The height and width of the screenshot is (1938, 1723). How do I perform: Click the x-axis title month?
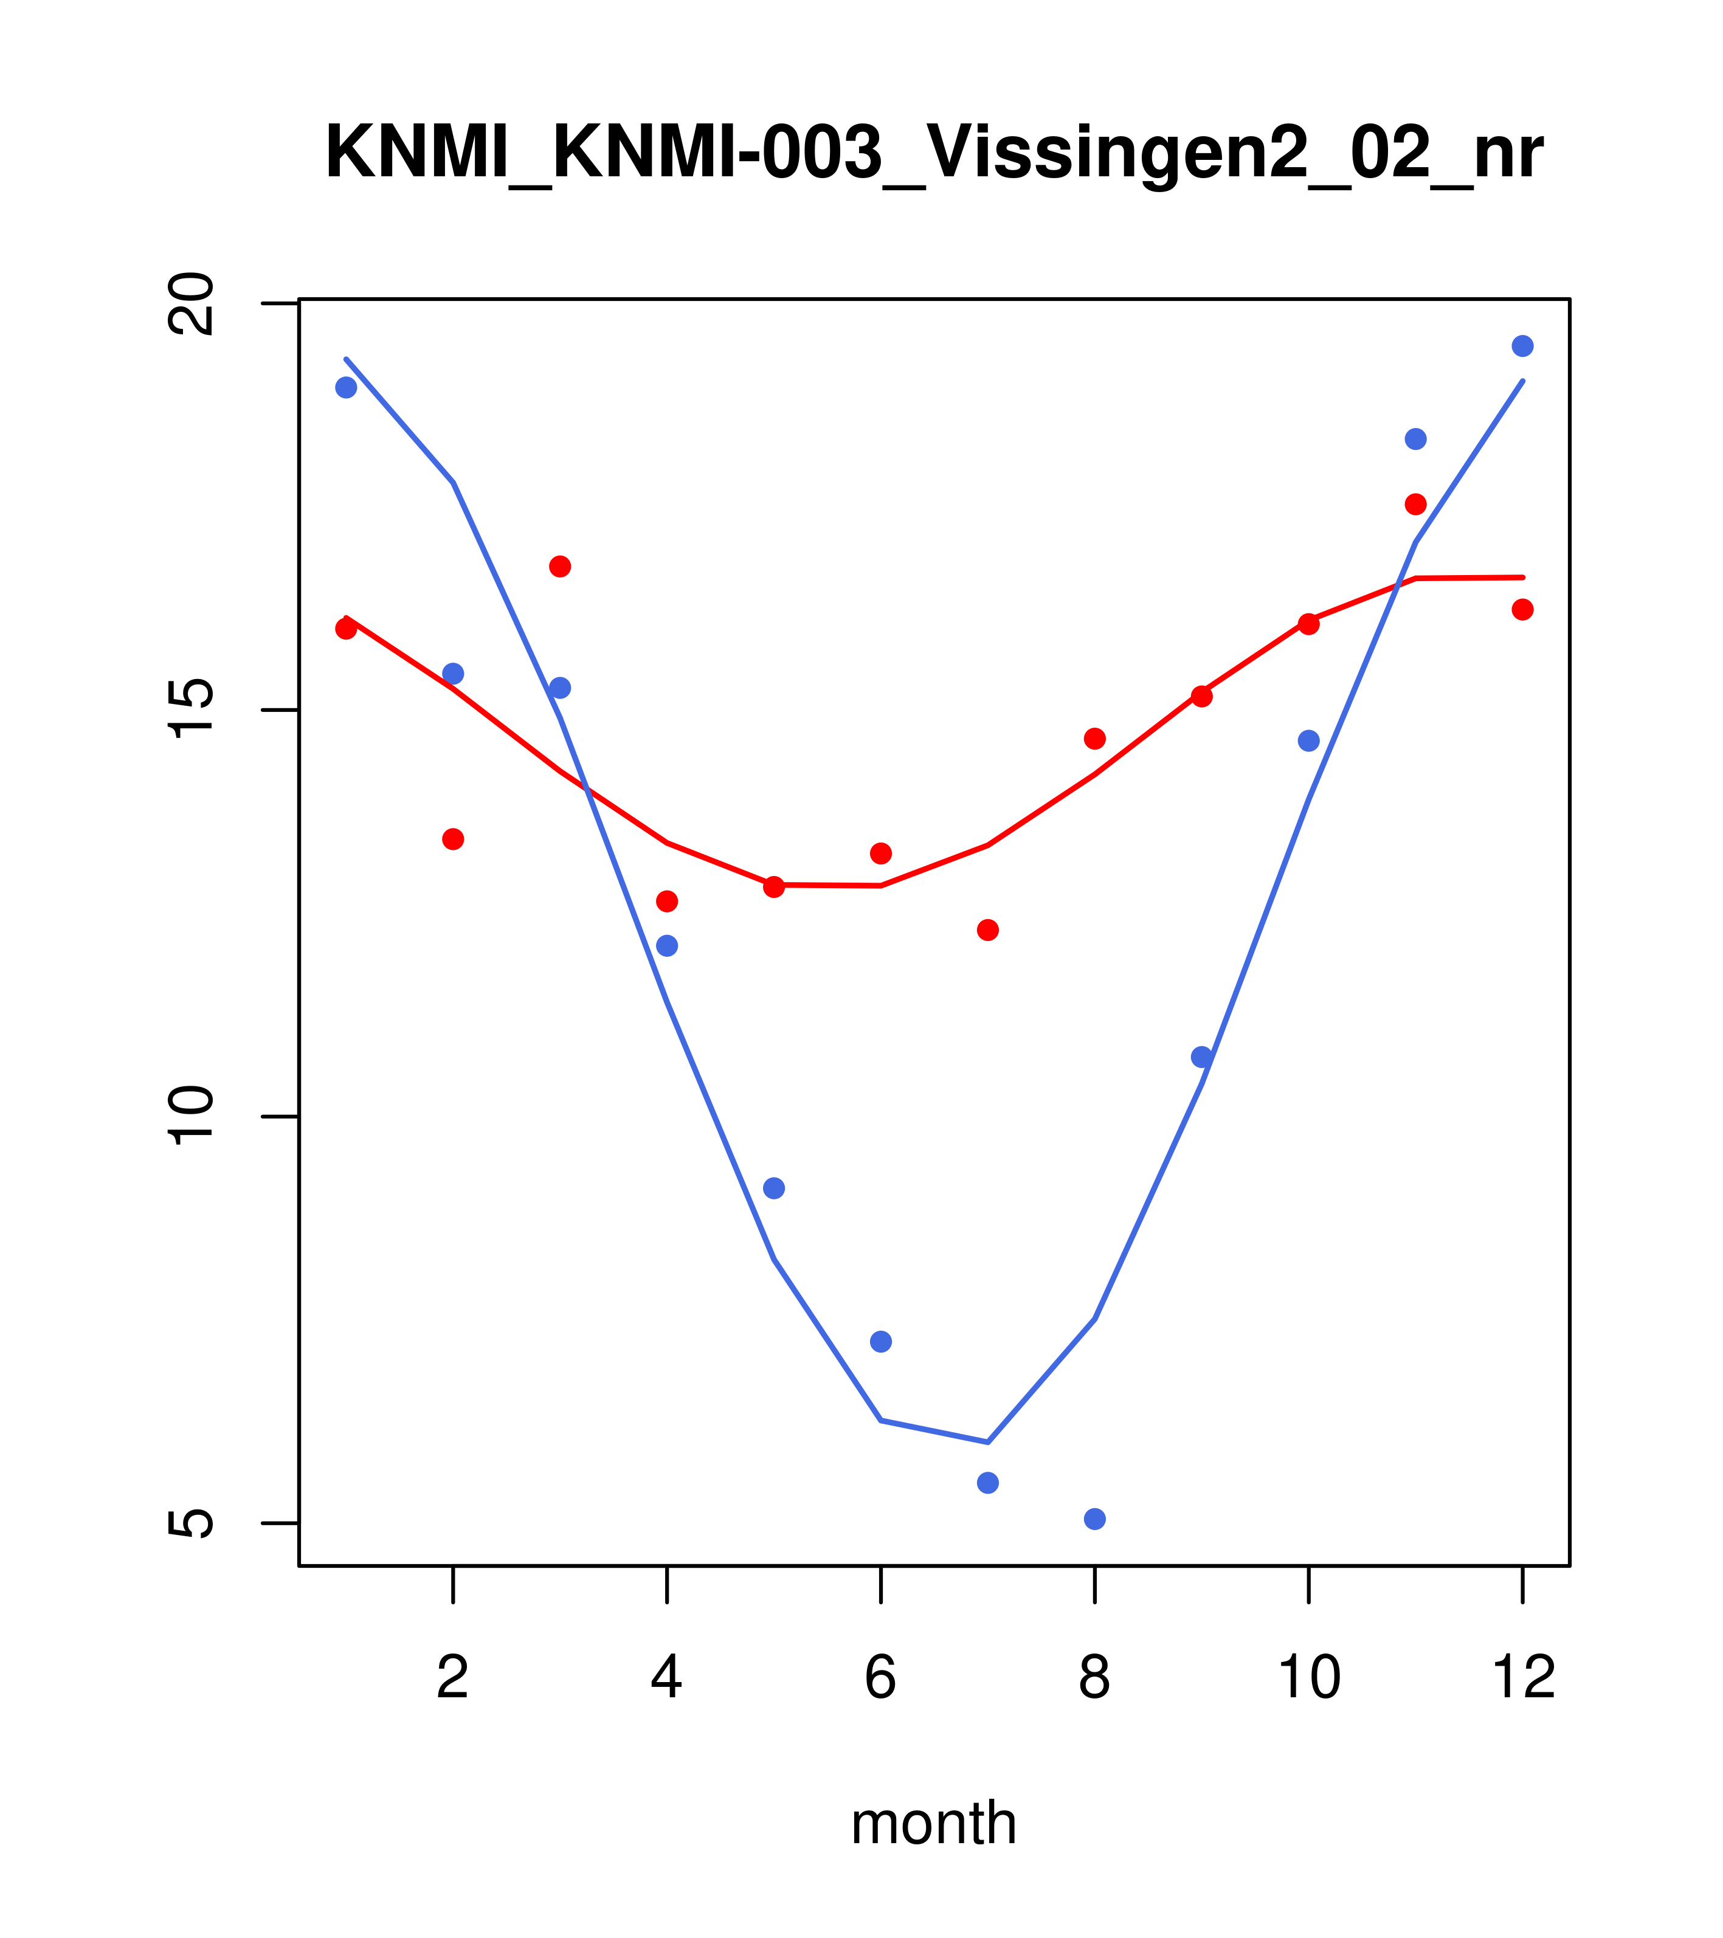(x=934, y=1822)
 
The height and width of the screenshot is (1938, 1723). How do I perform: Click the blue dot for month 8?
(x=1094, y=1519)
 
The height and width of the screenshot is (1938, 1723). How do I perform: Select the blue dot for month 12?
(x=1523, y=346)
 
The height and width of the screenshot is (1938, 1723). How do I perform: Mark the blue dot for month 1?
(x=346, y=387)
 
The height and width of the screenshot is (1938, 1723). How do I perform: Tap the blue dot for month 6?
(x=881, y=1342)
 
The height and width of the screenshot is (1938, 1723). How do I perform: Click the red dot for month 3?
(x=561, y=566)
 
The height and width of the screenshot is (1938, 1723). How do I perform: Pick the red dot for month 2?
(x=454, y=839)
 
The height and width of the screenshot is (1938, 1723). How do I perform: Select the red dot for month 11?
(x=1416, y=503)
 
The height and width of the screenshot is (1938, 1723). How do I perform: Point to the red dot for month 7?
(x=988, y=930)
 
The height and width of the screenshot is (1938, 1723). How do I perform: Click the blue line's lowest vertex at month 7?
(x=988, y=1442)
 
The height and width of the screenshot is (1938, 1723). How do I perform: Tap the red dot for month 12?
(x=1523, y=610)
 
